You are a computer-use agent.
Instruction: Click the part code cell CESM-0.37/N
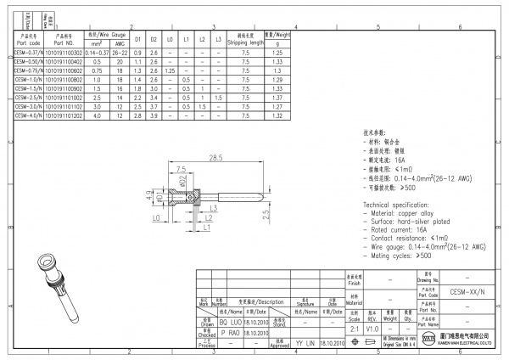click(32, 53)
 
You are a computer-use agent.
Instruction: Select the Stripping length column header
click(244, 38)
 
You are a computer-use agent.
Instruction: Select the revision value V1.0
click(372, 326)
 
